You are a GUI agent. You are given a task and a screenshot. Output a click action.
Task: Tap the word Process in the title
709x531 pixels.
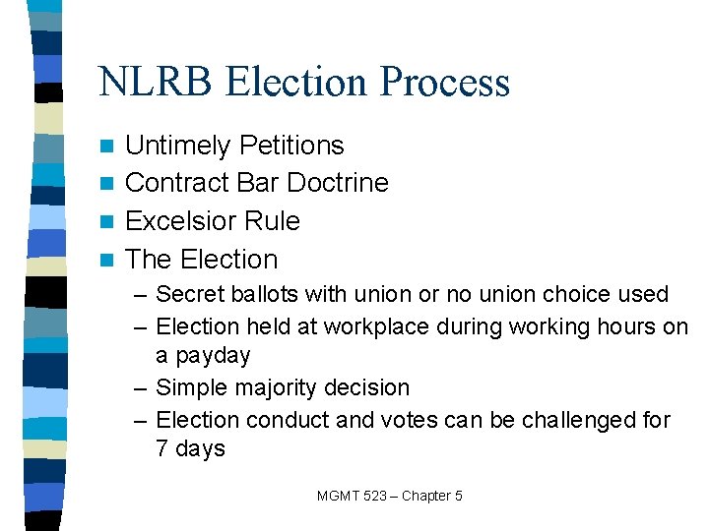click(x=448, y=82)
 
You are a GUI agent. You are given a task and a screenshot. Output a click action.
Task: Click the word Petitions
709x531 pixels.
click(x=294, y=146)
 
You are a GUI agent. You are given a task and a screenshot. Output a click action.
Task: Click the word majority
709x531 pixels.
click(x=271, y=388)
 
